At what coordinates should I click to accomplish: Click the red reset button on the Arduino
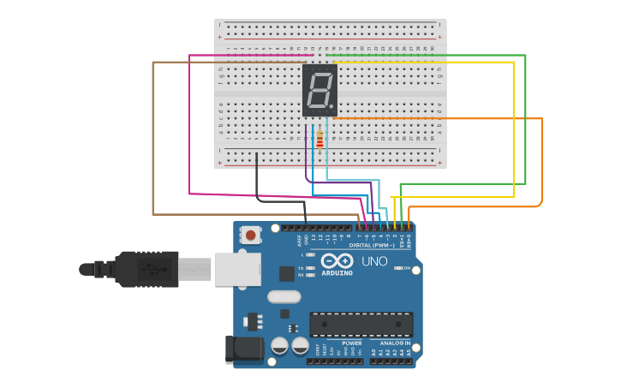(x=251, y=234)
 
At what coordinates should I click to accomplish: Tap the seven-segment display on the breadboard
(x=319, y=89)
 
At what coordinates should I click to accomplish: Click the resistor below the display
(x=319, y=139)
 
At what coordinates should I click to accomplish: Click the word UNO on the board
(x=374, y=261)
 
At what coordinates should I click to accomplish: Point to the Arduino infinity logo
(x=337, y=260)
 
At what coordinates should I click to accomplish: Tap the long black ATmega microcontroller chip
(x=361, y=324)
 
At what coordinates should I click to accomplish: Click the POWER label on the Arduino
(x=351, y=343)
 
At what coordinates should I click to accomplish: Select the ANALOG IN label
(x=395, y=343)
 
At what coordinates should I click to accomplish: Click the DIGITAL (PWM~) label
(x=372, y=245)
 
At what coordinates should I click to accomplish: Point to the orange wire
(x=541, y=163)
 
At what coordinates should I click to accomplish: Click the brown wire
(x=152, y=137)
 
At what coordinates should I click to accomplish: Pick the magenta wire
(x=189, y=128)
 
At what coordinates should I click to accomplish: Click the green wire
(x=525, y=120)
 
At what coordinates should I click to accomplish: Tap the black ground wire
(x=256, y=180)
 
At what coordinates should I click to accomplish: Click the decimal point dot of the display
(x=331, y=107)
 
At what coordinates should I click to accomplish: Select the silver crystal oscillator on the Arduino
(x=284, y=297)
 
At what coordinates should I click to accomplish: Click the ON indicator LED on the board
(x=398, y=268)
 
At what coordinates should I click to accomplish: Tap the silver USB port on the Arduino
(x=237, y=268)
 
